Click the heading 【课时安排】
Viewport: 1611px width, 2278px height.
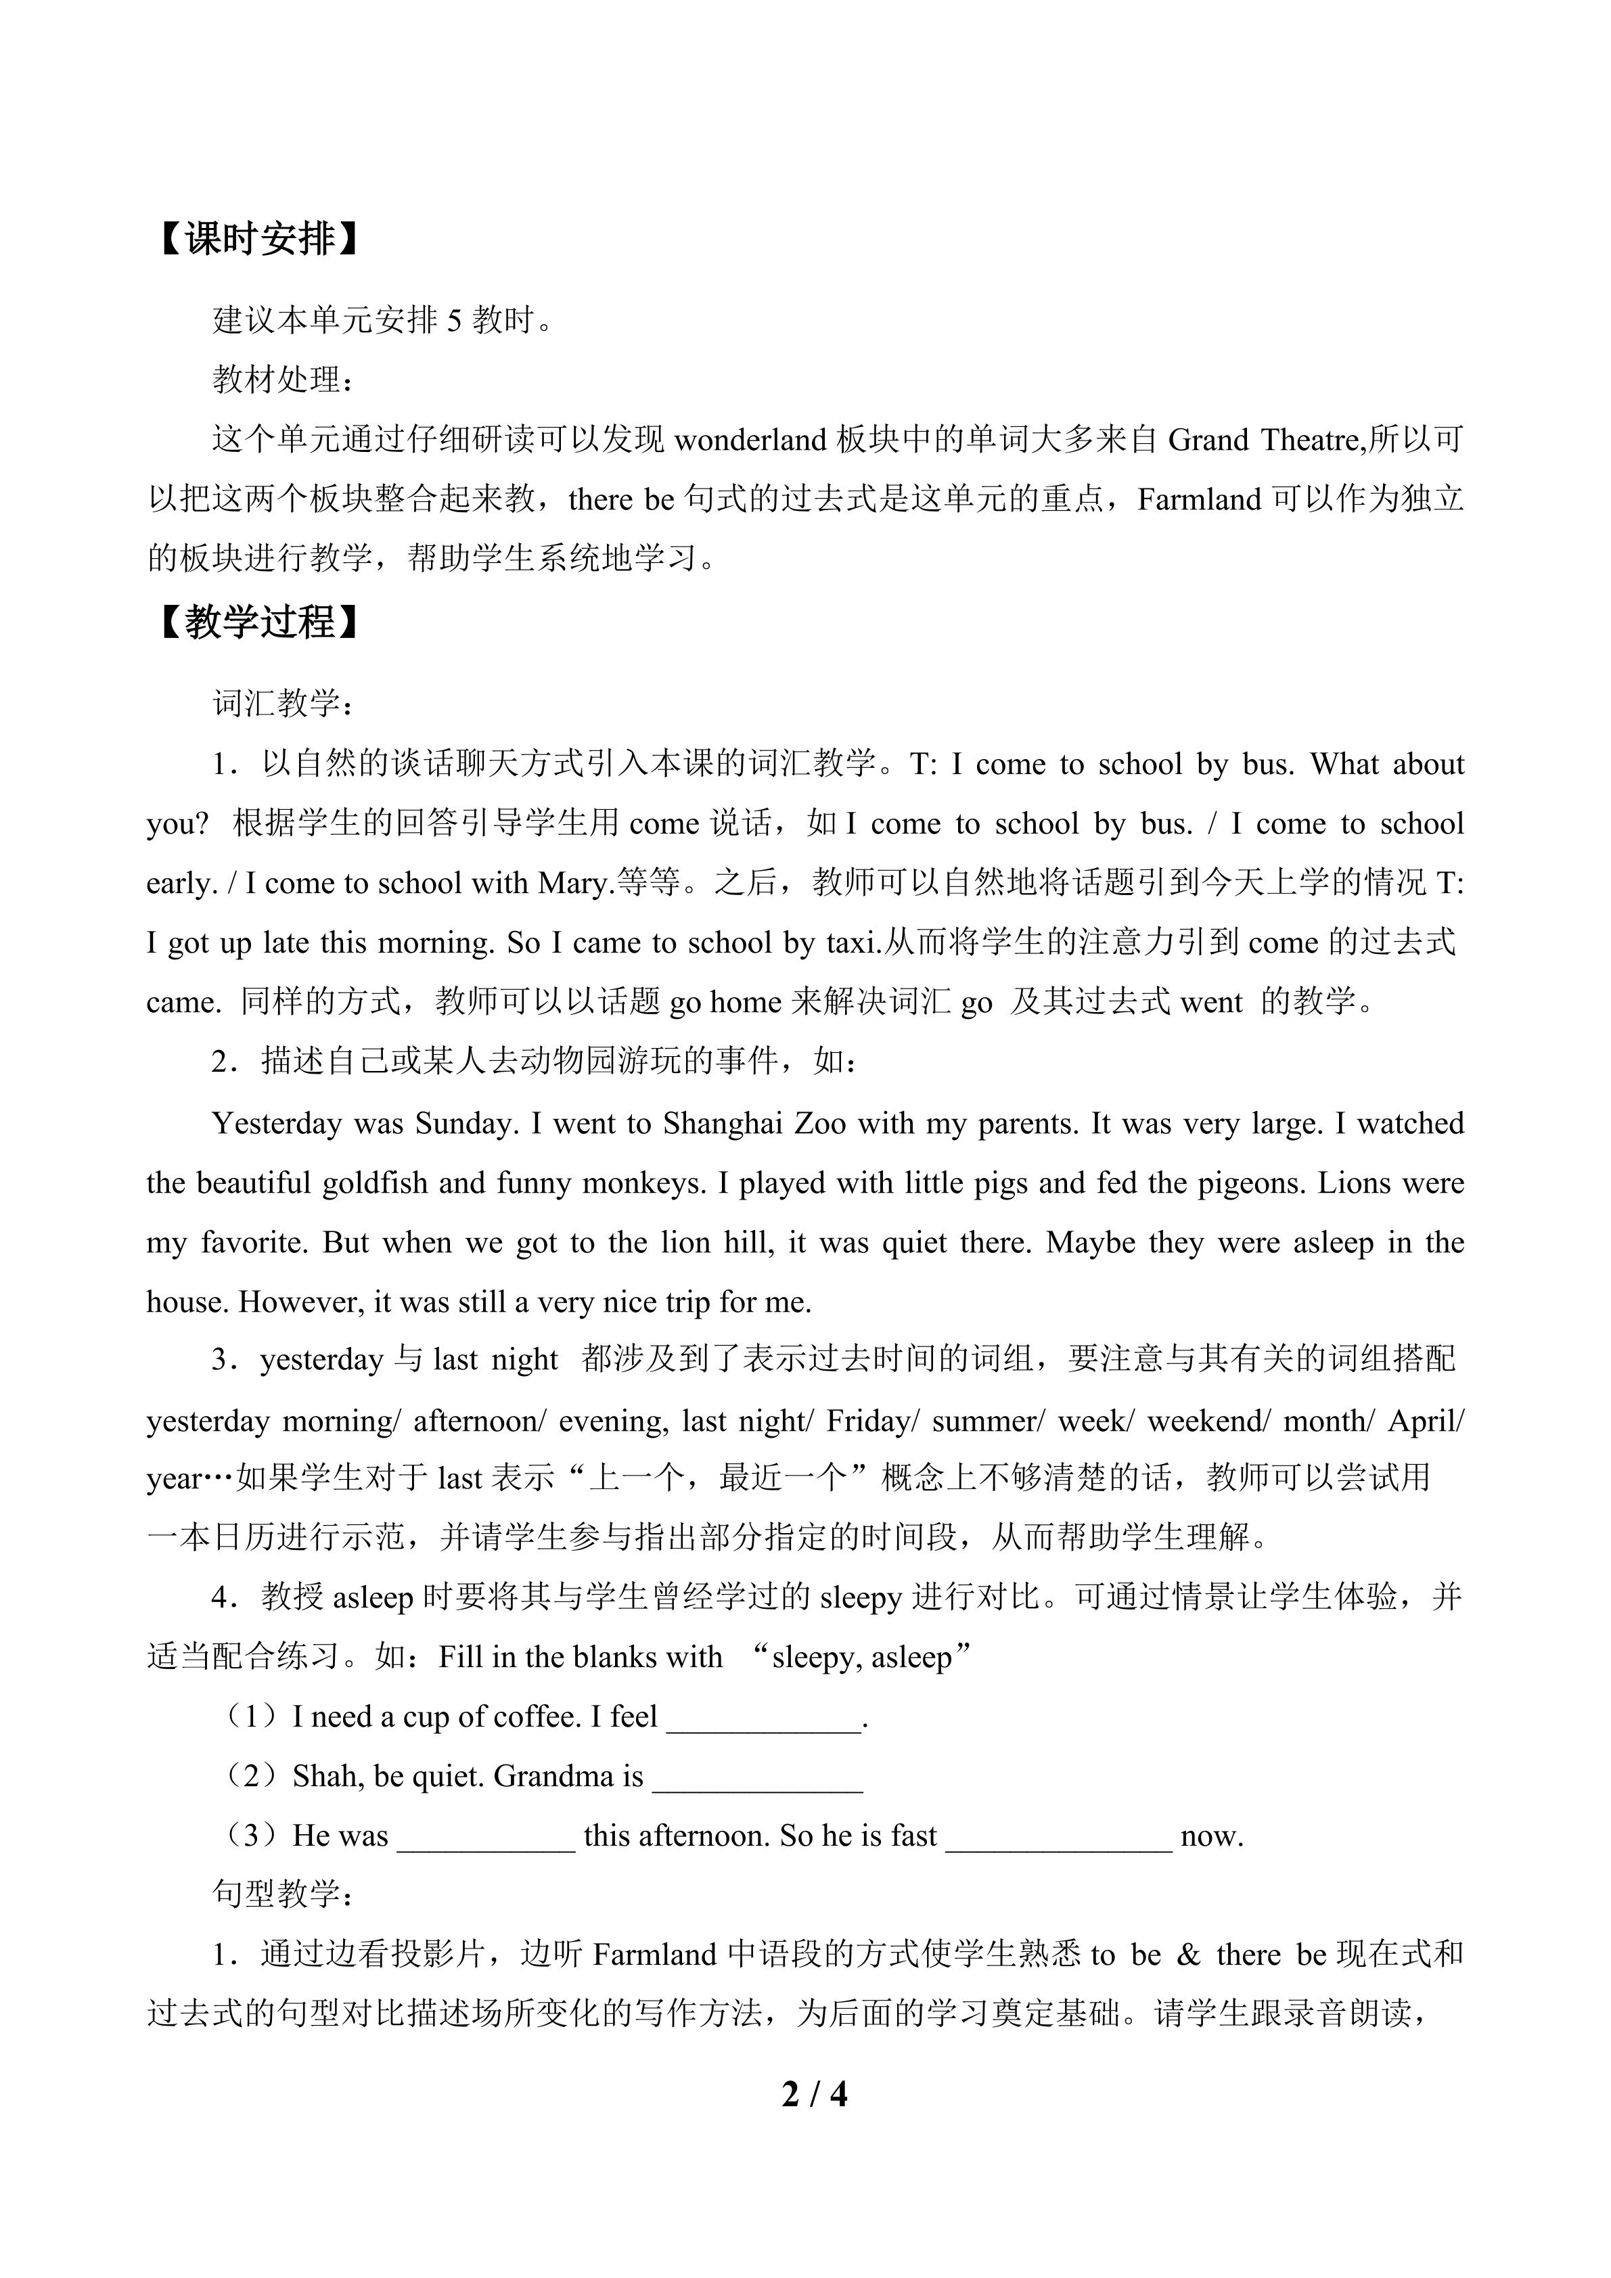(255, 239)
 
